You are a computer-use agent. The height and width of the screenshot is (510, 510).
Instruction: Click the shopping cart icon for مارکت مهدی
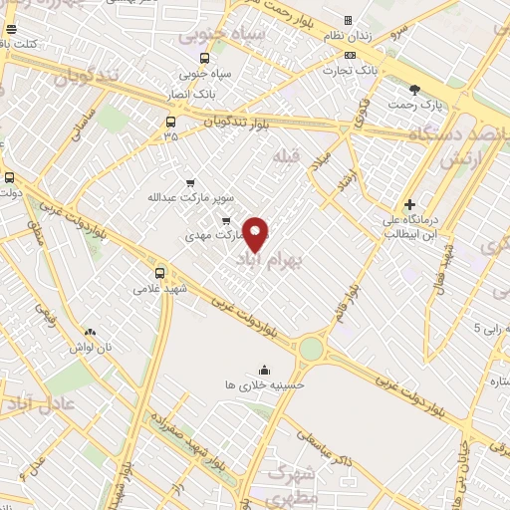pos(226,221)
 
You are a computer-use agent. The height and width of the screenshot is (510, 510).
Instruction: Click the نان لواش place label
pos(90,347)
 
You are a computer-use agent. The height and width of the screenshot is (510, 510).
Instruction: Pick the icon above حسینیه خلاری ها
pos(264,369)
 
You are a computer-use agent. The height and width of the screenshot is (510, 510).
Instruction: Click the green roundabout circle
pos(312,349)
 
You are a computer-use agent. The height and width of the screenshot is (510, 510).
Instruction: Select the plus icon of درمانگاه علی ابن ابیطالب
pos(409,204)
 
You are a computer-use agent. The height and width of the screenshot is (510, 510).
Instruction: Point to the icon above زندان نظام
pos(348,20)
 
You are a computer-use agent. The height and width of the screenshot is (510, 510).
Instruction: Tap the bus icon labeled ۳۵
pos(170,123)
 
